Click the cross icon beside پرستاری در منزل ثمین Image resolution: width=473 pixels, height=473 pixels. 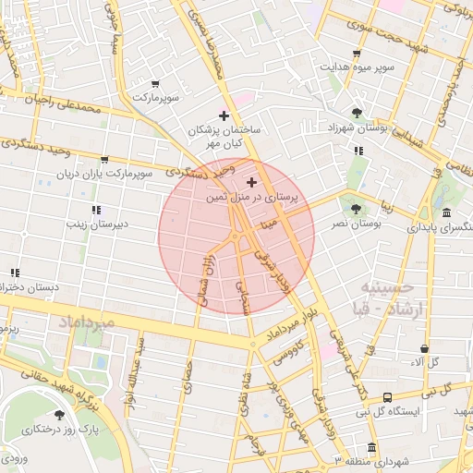pos(252,183)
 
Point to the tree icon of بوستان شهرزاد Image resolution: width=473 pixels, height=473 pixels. pos(357,113)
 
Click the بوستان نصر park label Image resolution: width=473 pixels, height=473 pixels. pos(358,224)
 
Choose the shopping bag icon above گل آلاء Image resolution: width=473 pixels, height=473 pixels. pos(424,348)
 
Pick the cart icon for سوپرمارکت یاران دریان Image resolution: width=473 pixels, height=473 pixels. pos(103,160)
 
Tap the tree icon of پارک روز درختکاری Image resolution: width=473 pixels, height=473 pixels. pos(60,415)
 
